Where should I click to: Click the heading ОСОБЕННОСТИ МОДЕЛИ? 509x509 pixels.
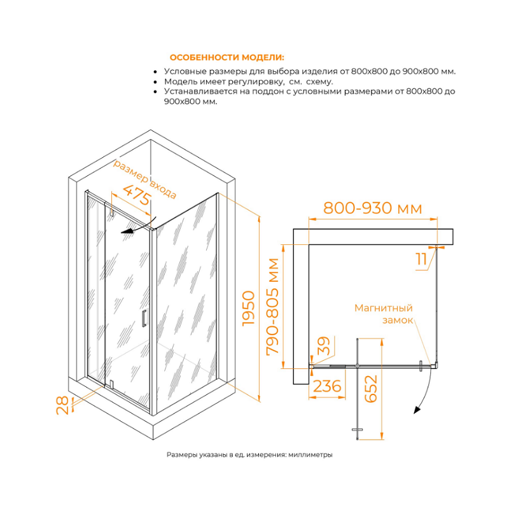tap(227, 57)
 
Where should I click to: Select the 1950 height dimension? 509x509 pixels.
tap(249, 309)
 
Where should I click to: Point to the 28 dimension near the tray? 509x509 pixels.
tap(62, 405)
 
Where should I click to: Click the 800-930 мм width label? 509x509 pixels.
tap(373, 208)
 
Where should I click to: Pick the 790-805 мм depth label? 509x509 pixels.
tap(272, 307)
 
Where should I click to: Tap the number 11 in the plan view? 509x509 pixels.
tap(421, 259)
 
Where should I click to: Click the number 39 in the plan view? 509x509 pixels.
tap(323, 345)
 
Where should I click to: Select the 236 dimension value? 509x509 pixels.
tap(327, 386)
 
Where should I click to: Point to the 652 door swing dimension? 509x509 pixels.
tap(371, 389)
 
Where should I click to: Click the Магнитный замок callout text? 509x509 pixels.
tap(384, 314)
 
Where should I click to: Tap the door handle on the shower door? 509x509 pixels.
tap(144, 317)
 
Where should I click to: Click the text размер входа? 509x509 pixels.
tap(144, 179)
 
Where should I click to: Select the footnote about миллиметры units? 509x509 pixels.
tap(249, 455)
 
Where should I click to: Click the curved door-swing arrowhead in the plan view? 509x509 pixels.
tap(417, 410)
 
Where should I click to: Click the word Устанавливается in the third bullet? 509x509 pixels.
tap(200, 92)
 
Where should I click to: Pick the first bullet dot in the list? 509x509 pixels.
tap(155, 72)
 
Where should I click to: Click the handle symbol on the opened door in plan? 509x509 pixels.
tap(357, 429)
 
